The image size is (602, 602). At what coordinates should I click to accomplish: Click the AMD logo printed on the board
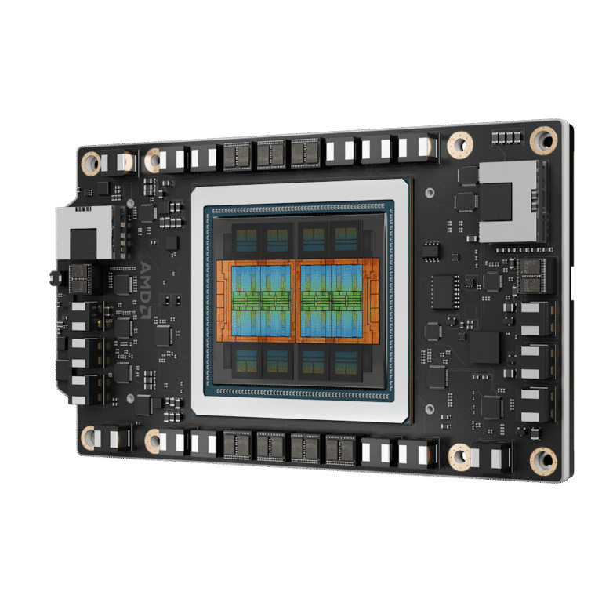(x=145, y=290)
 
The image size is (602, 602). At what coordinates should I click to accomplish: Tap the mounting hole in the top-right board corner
(x=544, y=140)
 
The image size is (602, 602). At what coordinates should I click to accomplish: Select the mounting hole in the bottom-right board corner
(x=543, y=461)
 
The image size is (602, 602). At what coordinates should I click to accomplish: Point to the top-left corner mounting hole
(x=92, y=163)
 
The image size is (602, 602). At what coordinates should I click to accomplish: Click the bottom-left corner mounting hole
(x=89, y=437)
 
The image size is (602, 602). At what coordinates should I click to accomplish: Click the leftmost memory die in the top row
(x=246, y=240)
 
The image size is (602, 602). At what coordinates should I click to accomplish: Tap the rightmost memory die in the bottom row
(x=346, y=362)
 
